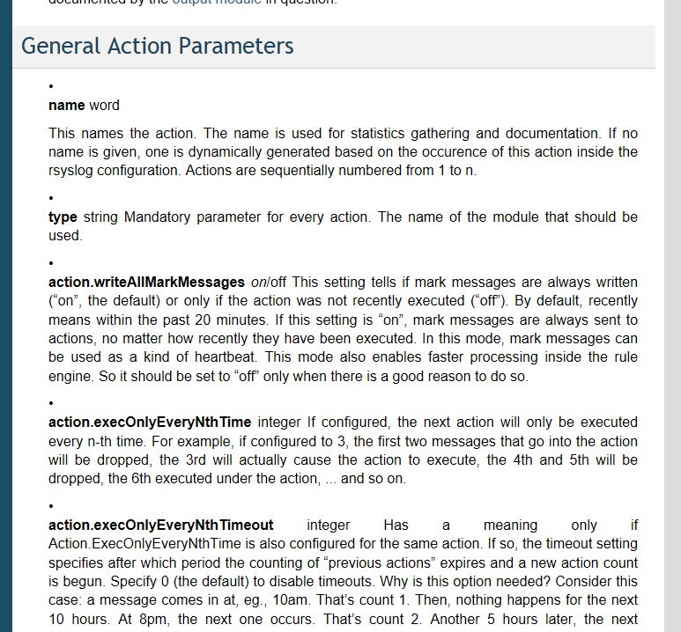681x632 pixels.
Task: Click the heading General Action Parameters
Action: coord(157,46)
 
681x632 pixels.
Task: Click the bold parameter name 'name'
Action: coord(66,106)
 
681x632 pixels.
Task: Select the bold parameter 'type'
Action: coord(63,217)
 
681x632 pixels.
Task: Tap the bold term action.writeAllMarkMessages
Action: coord(146,283)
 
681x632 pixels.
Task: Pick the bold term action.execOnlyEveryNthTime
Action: coord(150,423)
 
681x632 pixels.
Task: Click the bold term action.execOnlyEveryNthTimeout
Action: coord(160,525)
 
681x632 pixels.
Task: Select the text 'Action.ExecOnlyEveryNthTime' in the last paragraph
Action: coord(137,544)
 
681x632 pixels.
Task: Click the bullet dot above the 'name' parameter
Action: coord(52,86)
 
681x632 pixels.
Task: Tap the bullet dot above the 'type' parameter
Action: coord(52,198)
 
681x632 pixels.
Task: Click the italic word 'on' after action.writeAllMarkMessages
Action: coord(259,283)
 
